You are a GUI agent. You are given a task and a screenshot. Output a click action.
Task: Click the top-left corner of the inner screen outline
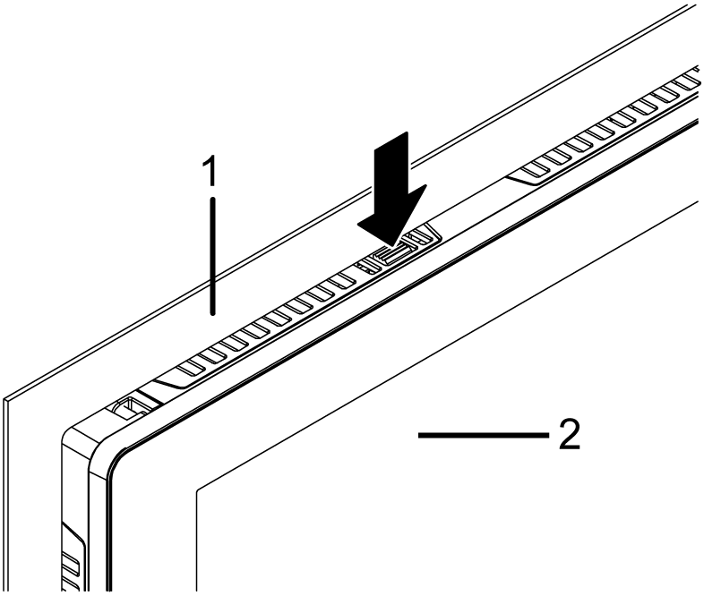[196, 489]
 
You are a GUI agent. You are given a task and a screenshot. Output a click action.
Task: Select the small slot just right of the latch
[419, 239]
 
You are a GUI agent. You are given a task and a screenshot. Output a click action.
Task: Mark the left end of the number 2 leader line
[420, 435]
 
